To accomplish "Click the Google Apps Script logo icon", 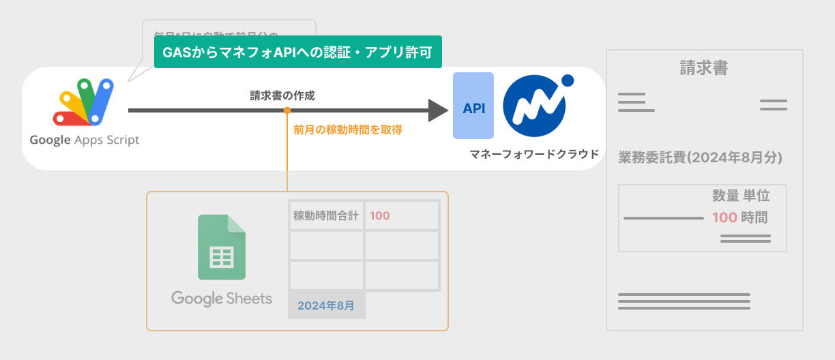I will (x=83, y=102).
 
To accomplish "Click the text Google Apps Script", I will (x=84, y=140).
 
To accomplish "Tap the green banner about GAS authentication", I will (x=298, y=52).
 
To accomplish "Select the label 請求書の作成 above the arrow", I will (x=282, y=96).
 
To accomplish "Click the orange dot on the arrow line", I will (x=287, y=110).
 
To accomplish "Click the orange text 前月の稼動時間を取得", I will (x=348, y=129).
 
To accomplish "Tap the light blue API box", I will (x=473, y=106).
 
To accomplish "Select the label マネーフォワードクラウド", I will (x=534, y=154).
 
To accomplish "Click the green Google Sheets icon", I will (x=221, y=247).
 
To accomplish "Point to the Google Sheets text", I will (x=222, y=299).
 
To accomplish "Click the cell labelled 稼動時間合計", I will (x=326, y=216).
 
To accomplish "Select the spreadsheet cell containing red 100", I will (x=401, y=216).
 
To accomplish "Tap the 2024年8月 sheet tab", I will (x=326, y=305).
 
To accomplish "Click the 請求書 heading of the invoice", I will (x=703, y=68).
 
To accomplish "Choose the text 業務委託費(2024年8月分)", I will (x=700, y=157).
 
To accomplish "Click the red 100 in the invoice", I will (x=724, y=218).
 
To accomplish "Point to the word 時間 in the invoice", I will (x=755, y=218).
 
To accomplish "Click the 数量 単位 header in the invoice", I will (x=741, y=196).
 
